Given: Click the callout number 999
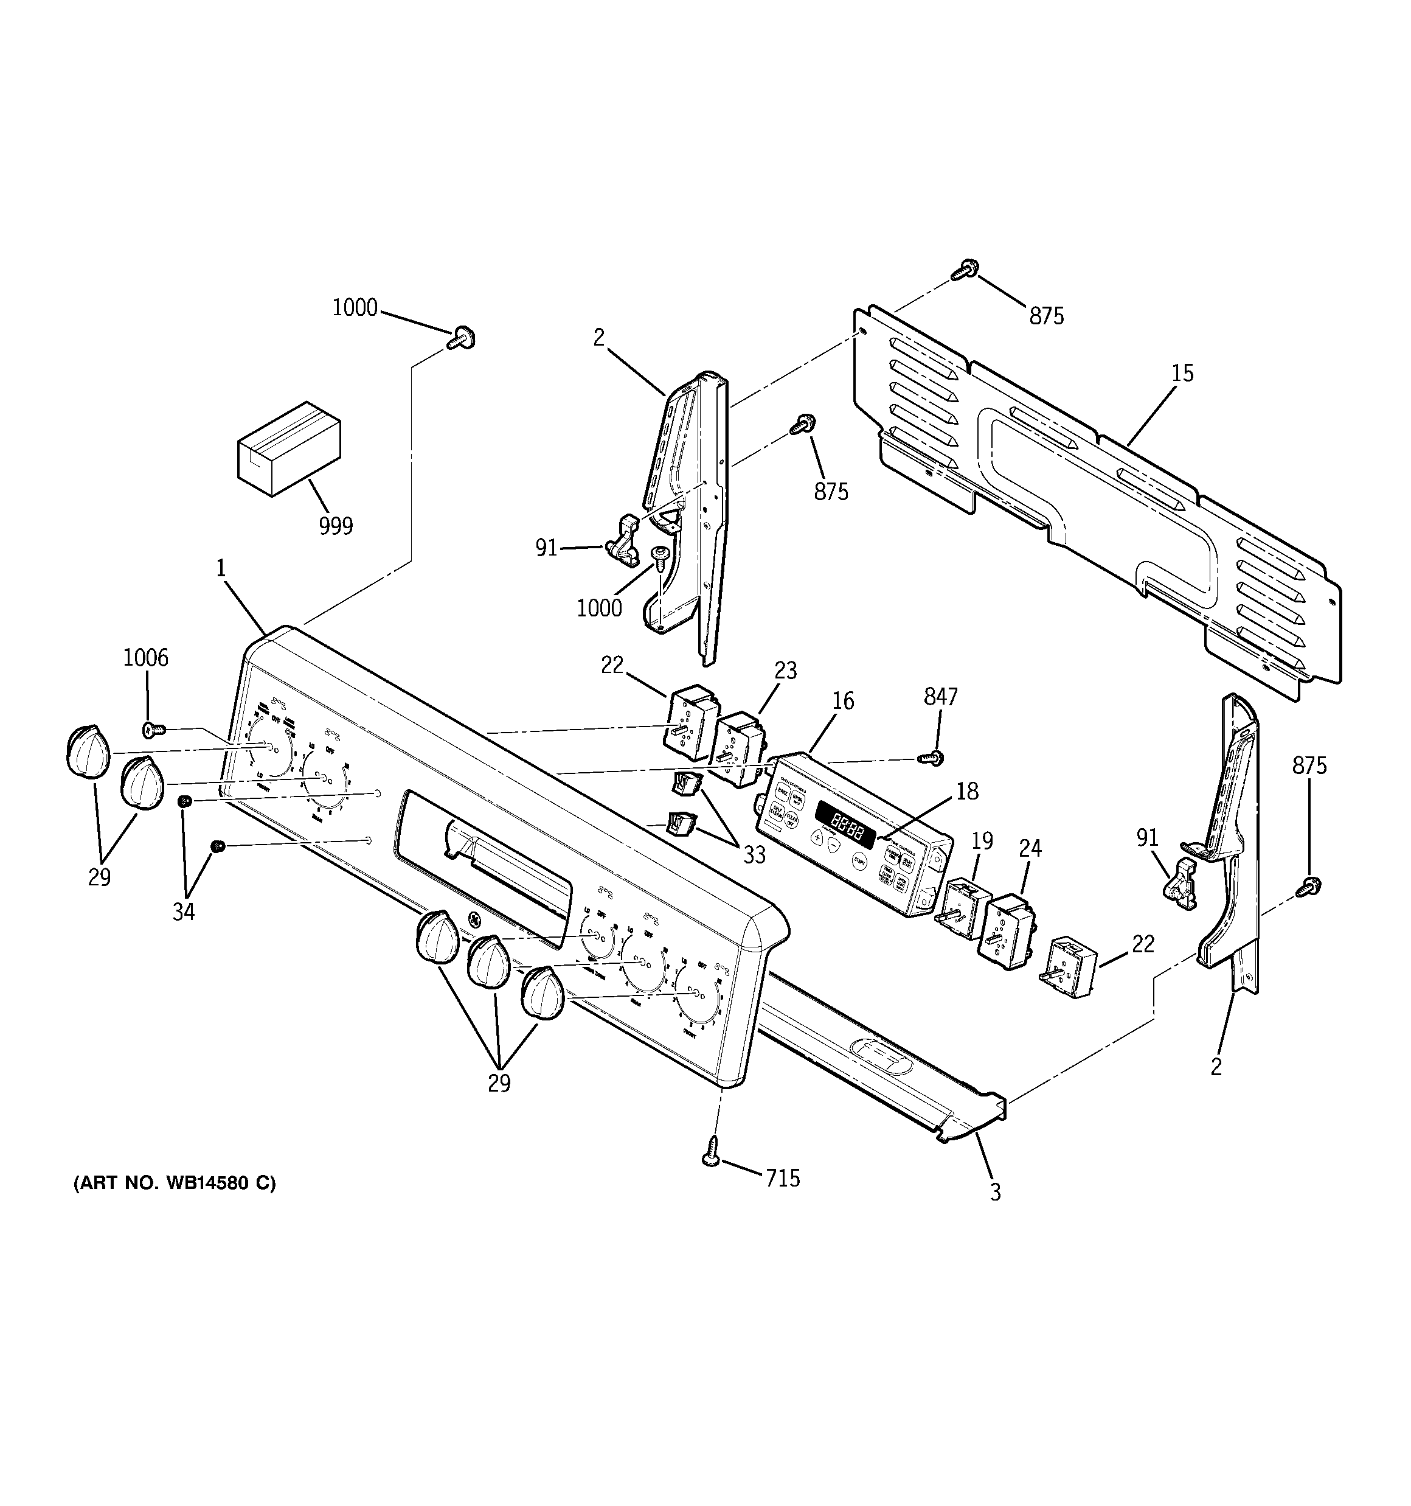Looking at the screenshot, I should coord(336,526).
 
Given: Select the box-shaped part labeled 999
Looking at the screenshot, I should coord(288,448).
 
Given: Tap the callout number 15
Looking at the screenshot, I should coord(1182,373).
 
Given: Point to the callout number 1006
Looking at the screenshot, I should coord(145,658).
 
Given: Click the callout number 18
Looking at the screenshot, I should coord(967,791).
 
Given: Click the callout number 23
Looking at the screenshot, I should coord(785,671).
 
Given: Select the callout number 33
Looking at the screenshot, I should coord(754,854).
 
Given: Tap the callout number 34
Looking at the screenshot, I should coord(183,912).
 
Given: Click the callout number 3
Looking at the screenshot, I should coord(995,1193).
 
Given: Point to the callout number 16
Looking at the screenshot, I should coord(842,702).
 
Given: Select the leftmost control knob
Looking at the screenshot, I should coord(88,751).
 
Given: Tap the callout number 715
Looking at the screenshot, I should coord(782,1178).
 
